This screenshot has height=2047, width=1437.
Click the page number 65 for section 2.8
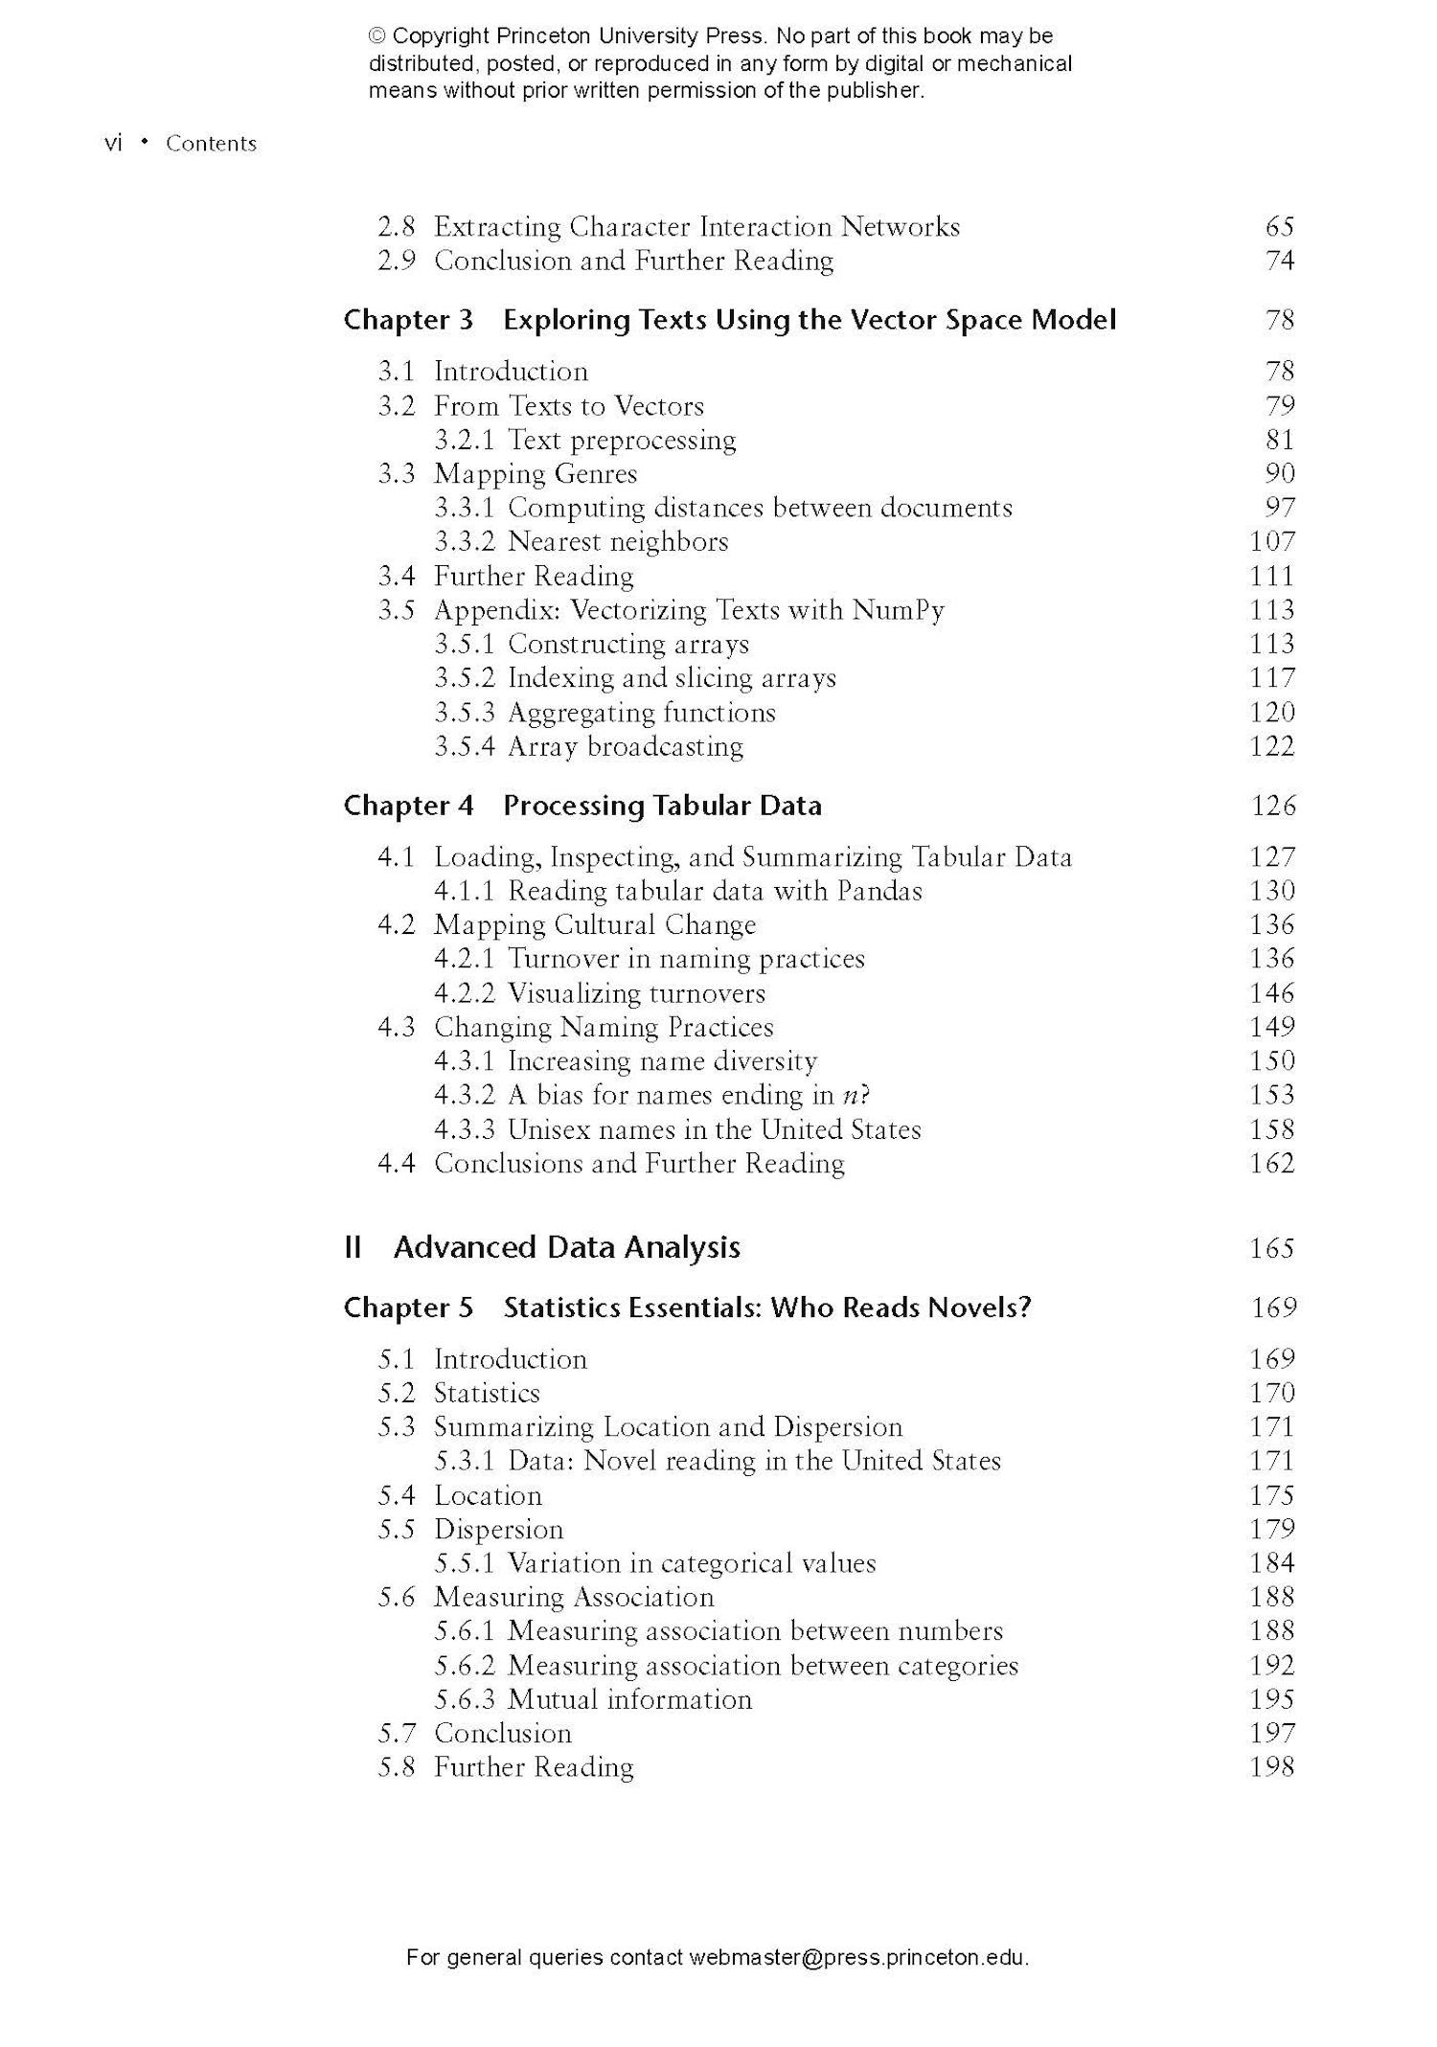pos(1279,227)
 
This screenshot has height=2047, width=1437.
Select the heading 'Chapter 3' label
pos(408,320)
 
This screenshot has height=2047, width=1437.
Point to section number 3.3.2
pos(464,542)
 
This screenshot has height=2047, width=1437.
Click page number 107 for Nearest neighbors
pos(1271,542)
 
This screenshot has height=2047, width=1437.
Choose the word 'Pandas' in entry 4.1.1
pos(878,892)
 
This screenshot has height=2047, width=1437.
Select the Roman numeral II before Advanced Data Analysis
pos(353,1248)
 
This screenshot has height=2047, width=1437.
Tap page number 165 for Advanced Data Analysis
pos(1271,1248)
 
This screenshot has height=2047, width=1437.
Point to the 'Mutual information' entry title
pos(629,1700)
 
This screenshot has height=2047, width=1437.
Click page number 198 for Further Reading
pos(1271,1768)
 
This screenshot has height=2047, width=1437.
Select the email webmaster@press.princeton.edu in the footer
pos(857,1958)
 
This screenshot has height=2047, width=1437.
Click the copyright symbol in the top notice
pos(377,36)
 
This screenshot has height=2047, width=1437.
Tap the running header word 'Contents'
pos(211,144)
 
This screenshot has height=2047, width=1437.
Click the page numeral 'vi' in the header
pos(113,144)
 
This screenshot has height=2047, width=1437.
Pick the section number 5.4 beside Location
pos(396,1496)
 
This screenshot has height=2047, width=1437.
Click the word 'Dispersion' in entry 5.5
pos(498,1530)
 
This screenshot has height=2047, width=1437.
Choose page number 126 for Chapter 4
pos(1272,806)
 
